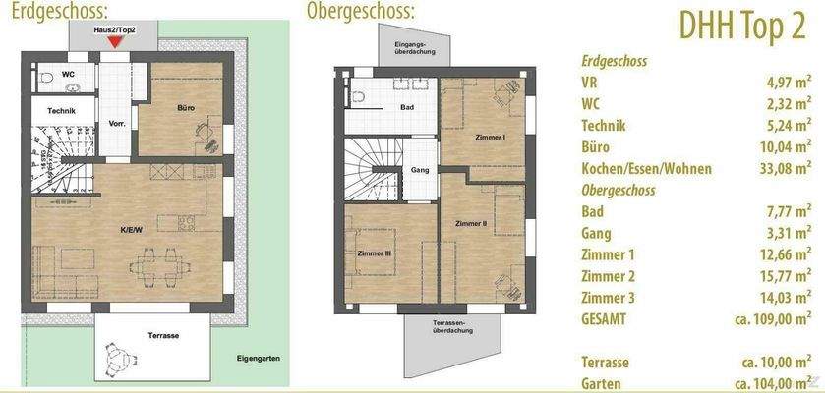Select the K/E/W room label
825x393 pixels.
(x=131, y=229)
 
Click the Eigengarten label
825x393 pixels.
(x=259, y=359)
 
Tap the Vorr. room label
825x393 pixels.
(x=116, y=124)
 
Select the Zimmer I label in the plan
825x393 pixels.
(x=489, y=137)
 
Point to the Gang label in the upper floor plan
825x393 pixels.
(x=419, y=168)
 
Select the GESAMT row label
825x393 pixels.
(x=604, y=318)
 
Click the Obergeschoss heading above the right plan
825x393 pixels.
(x=360, y=12)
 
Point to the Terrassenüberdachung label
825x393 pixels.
(x=452, y=326)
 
